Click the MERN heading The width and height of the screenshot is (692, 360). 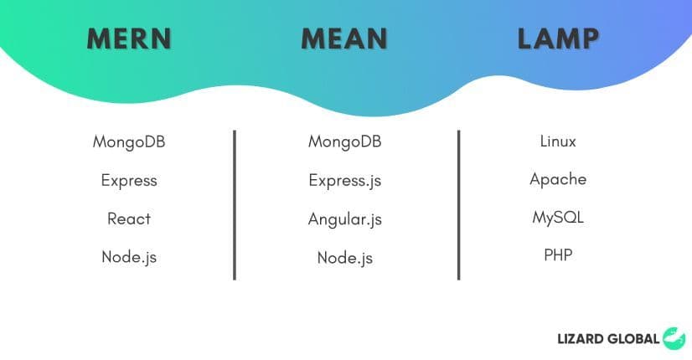[129, 39]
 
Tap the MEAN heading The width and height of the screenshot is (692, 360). [344, 39]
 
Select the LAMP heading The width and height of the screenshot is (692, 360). [559, 39]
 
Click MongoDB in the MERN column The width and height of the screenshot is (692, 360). [129, 141]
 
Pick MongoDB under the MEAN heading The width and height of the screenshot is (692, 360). [344, 141]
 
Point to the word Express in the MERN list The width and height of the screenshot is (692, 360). [129, 180]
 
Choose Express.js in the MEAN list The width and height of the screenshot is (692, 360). [344, 180]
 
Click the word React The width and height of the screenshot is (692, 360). [129, 219]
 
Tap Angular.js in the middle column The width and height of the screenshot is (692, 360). [344, 219]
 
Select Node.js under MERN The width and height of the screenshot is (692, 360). [129, 257]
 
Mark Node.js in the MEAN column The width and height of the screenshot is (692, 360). [344, 258]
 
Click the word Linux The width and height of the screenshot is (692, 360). [558, 141]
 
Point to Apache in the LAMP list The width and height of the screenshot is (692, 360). [558, 179]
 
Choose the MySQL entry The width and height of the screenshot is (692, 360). [558, 218]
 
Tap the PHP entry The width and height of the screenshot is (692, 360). [558, 255]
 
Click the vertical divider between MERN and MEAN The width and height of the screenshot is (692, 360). [235, 205]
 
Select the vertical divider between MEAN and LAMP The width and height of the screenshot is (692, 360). [458, 205]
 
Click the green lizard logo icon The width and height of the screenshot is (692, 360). [674, 338]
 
